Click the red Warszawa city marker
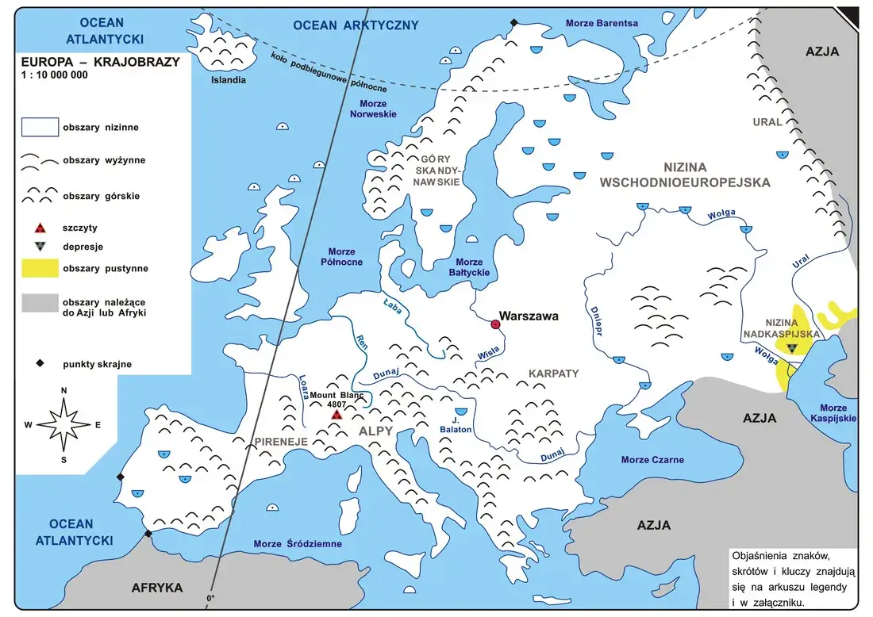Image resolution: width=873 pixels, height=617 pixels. coord(496,324)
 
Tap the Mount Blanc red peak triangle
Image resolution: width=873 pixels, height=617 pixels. coord(337,414)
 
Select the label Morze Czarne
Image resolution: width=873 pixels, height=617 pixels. coord(652,460)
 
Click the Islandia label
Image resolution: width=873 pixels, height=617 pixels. coord(228,80)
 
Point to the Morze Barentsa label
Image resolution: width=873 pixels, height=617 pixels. coord(602,23)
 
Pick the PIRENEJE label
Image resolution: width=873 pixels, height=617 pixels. coord(281,440)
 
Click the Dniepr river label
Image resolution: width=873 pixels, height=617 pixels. coord(595,322)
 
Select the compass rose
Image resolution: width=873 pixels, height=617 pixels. coord(63,423)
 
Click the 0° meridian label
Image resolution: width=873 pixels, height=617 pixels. coord(210,599)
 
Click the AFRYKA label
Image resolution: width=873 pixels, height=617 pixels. coord(156,588)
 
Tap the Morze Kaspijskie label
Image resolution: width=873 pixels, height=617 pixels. coord(833,413)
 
